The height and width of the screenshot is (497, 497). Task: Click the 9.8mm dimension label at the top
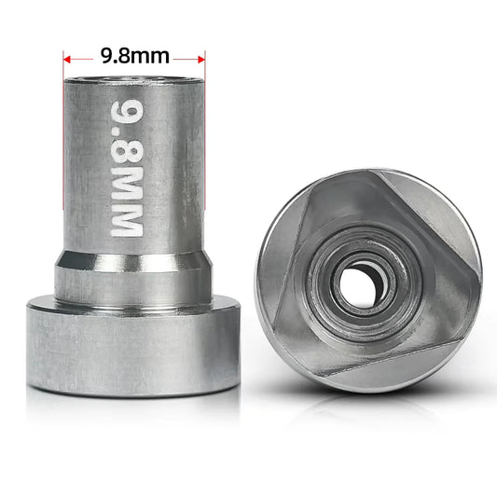coord(134,56)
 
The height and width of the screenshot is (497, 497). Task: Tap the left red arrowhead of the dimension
coord(68,57)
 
